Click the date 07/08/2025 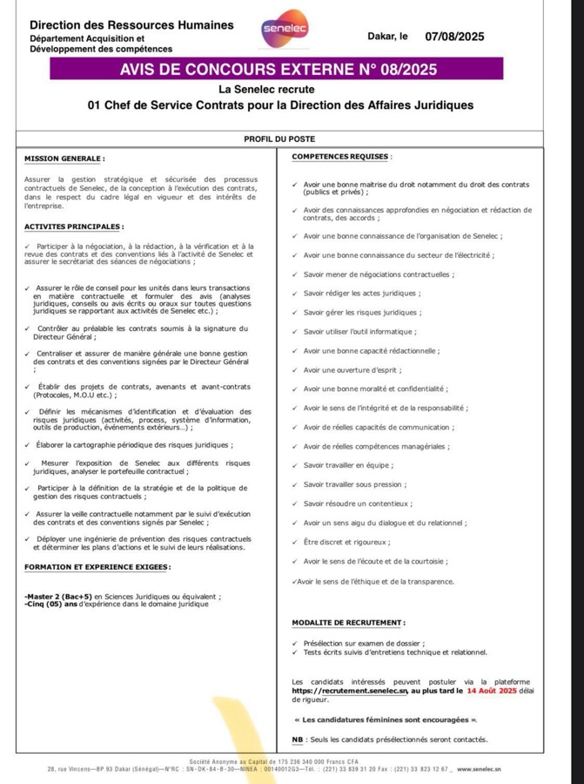(x=454, y=37)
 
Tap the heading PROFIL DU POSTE (x=279, y=139)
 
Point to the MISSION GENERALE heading (x=64, y=159)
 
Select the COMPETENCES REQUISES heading (x=342, y=156)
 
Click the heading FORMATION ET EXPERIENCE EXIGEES (x=97, y=566)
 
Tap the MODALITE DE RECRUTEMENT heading (x=349, y=622)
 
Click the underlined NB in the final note (x=297, y=740)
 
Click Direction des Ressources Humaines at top (x=131, y=25)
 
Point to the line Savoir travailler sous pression (x=352, y=483)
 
